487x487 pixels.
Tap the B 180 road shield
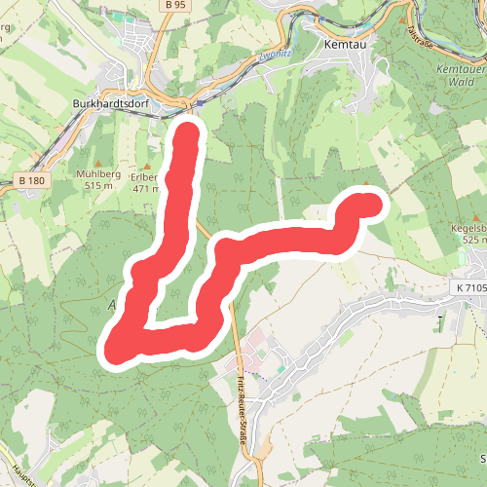[31, 180]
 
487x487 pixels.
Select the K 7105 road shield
[468, 289]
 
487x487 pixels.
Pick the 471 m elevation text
[145, 189]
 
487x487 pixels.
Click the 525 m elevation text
[473, 240]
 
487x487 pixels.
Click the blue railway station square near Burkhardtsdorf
[199, 101]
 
